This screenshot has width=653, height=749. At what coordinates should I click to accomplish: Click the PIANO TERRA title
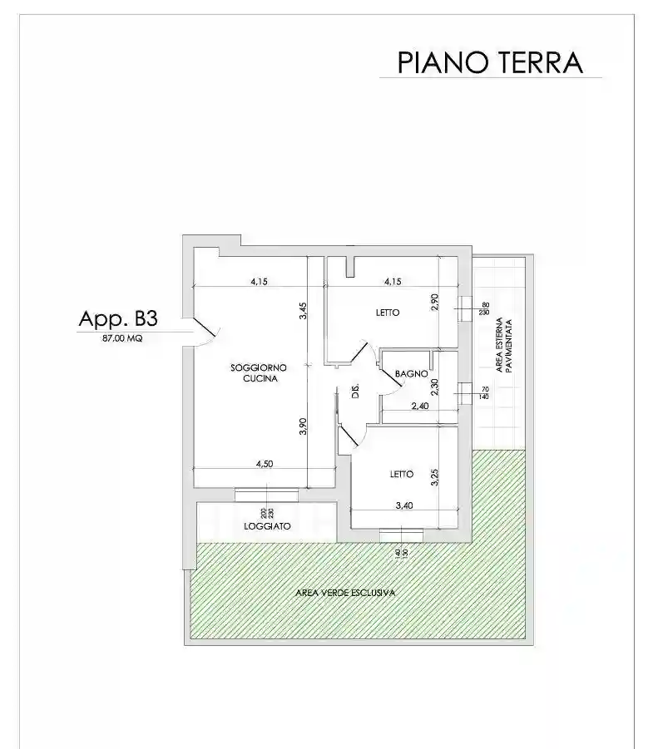tap(490, 62)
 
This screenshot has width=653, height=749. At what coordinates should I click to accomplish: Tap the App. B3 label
tap(117, 318)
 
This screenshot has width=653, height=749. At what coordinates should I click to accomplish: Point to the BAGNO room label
tap(411, 375)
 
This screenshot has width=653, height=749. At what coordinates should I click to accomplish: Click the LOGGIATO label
tap(266, 527)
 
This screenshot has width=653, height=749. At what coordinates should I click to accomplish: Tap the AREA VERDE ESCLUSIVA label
tap(344, 593)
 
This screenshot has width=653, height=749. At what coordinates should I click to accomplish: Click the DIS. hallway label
tap(354, 392)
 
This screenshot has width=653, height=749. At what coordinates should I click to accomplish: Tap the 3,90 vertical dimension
tap(304, 426)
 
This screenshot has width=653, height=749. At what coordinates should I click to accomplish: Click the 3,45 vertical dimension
tap(304, 310)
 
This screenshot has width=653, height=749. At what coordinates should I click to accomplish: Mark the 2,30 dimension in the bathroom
tap(434, 387)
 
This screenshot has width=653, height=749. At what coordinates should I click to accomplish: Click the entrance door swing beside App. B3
tap(202, 330)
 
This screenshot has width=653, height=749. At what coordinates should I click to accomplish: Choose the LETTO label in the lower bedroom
tap(402, 475)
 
